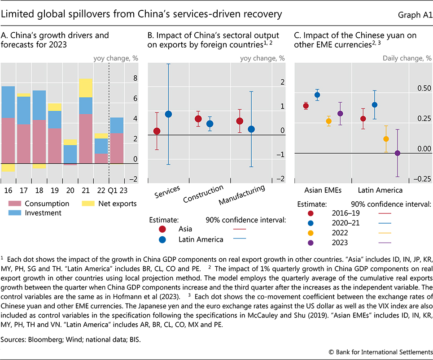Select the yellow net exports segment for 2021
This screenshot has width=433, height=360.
(x=86, y=88)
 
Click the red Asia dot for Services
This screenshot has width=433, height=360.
(x=157, y=131)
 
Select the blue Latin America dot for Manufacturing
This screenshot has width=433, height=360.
(x=251, y=129)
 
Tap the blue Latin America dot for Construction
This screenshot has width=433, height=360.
(x=210, y=124)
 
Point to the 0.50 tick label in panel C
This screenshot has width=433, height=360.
(x=424, y=89)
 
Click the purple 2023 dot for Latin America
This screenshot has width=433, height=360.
(x=397, y=153)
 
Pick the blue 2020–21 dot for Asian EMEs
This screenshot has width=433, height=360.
(x=317, y=95)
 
